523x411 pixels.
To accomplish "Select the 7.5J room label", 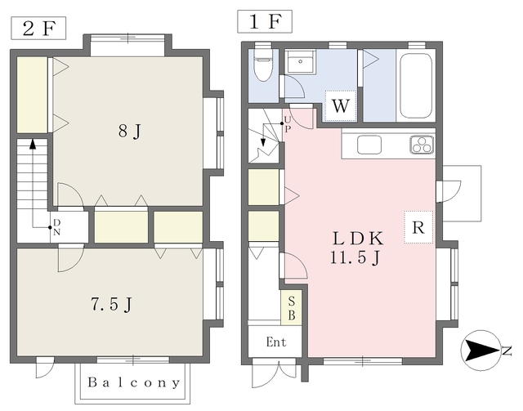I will point(111,305).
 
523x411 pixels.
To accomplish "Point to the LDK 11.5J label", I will point(357,248).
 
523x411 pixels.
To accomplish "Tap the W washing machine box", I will point(341,105).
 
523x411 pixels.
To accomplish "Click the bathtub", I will point(417,84).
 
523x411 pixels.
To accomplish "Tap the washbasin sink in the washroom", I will point(301,64).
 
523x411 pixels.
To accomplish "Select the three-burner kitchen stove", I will point(422,145).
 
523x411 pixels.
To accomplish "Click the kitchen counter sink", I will point(369,145).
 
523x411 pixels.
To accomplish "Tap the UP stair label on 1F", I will point(288,123).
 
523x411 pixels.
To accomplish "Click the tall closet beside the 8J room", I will point(33,92).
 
